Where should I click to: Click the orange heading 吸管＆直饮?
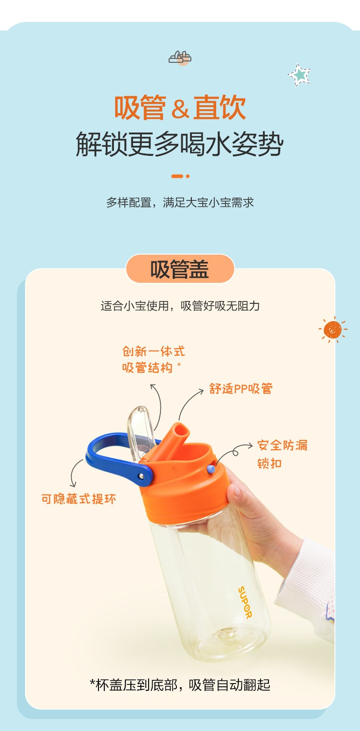point(180,107)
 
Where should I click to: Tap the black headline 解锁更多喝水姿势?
point(180,144)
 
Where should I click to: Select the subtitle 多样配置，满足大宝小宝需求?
point(180,203)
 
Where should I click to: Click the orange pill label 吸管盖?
point(180,269)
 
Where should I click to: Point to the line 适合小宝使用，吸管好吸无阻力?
point(180,306)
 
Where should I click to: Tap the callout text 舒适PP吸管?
point(241,389)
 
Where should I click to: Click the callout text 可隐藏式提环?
point(79,499)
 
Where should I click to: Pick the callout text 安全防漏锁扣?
point(283,454)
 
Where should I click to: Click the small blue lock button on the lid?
point(211,469)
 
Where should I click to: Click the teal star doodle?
point(299,75)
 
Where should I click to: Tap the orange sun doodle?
point(333,329)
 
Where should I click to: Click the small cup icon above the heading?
point(180,58)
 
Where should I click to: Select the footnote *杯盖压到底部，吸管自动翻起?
point(180,685)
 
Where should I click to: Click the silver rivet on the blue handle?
point(142,476)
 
